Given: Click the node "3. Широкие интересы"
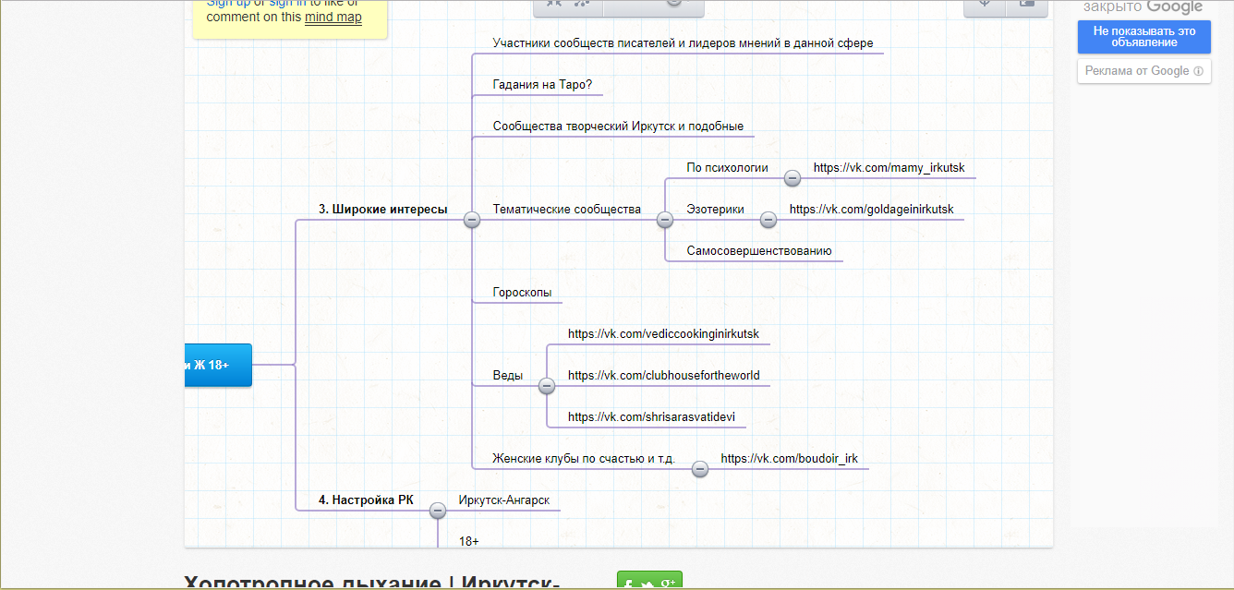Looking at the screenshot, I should [x=382, y=210].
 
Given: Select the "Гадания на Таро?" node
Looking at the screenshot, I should [x=542, y=85].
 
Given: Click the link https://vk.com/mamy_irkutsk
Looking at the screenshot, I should [x=889, y=168].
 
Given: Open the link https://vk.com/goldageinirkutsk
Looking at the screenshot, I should [x=871, y=210].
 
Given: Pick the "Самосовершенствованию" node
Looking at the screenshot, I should [x=758, y=251].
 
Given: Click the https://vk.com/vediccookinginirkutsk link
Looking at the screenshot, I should [x=663, y=334].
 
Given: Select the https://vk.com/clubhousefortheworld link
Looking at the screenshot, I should [x=663, y=376].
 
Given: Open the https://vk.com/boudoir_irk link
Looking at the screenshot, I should [x=790, y=459].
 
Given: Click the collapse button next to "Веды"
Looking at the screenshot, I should [x=547, y=385].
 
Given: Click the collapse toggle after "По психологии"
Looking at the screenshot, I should [x=792, y=178].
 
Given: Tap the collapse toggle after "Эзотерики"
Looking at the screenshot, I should [x=768, y=220].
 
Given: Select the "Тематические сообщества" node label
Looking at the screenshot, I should [x=566, y=210].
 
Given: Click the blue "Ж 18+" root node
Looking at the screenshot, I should [x=217, y=365].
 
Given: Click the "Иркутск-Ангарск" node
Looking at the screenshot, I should [x=503, y=500].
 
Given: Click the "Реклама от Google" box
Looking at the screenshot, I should [x=1143, y=71].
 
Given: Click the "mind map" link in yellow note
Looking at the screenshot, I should [x=333, y=17].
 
